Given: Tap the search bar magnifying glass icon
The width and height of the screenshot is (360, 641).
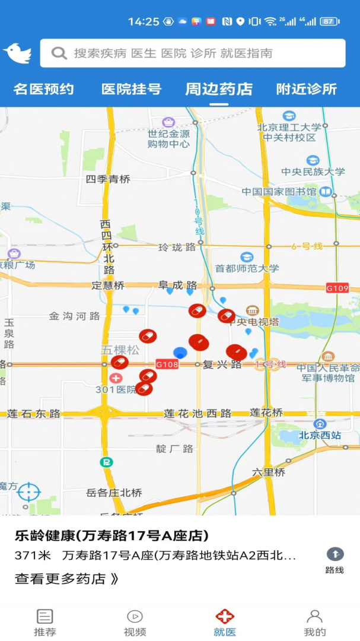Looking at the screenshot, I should click(59, 53).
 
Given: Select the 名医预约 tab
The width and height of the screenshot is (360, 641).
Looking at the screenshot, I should click(44, 90).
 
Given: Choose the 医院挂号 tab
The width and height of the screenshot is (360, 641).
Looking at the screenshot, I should click(131, 90).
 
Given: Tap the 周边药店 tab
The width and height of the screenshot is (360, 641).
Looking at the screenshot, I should click(219, 90).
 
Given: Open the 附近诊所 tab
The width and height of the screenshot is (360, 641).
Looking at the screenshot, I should click(307, 90).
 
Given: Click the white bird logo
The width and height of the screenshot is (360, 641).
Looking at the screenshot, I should click(17, 53).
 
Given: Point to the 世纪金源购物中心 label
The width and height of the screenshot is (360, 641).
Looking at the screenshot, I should click(169, 139).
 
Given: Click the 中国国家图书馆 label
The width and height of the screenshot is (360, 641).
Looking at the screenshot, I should click(279, 192).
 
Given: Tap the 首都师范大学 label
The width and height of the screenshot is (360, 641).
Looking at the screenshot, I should click(247, 268).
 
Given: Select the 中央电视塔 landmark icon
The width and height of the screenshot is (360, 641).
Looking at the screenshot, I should click(253, 310).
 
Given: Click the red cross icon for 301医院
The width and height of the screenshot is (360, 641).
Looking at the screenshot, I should click(116, 377).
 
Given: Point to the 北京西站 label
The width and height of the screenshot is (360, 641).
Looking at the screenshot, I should click(320, 435).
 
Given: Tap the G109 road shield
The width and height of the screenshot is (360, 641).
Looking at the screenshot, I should click(337, 288).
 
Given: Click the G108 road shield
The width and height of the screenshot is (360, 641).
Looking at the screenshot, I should click(167, 364).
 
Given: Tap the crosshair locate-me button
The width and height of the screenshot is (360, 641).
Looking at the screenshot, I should click(28, 492).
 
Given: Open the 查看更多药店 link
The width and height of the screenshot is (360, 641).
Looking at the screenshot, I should click(66, 579).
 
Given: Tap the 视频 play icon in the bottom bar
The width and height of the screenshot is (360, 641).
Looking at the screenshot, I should click(135, 616).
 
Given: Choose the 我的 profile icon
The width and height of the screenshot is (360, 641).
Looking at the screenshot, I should click(314, 616).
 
